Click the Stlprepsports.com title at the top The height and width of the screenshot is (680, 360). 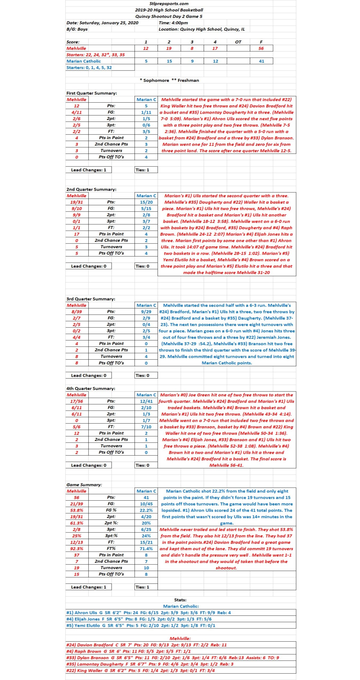(169, 4)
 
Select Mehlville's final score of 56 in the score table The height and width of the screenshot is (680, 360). (261, 48)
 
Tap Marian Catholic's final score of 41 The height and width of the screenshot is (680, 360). (261, 61)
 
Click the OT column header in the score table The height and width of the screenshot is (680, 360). (238, 42)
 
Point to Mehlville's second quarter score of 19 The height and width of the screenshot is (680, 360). (169, 48)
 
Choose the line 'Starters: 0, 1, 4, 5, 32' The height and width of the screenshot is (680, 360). (89, 67)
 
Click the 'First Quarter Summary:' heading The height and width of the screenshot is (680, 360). (92, 93)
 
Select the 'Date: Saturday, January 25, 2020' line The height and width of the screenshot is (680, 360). (103, 23)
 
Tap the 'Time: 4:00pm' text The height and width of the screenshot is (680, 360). (173, 23)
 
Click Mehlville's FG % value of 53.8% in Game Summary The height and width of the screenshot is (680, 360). (77, 510)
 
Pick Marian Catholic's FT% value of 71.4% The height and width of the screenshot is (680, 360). (146, 549)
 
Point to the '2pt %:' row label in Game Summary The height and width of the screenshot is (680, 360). (111, 523)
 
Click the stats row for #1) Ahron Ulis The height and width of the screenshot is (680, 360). (148, 613)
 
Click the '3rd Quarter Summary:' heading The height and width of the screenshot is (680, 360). (91, 299)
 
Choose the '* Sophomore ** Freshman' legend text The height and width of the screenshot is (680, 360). (169, 80)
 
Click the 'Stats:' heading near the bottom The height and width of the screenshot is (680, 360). (180, 600)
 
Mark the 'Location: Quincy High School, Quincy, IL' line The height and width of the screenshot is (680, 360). (202, 29)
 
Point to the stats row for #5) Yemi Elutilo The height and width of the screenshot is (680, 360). (141, 625)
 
